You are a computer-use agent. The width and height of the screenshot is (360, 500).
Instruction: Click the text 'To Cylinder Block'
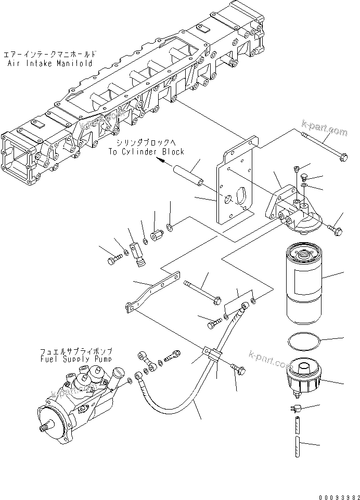(x=146, y=152)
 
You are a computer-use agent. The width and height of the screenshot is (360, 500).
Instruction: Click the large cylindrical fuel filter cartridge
(x=305, y=280)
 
